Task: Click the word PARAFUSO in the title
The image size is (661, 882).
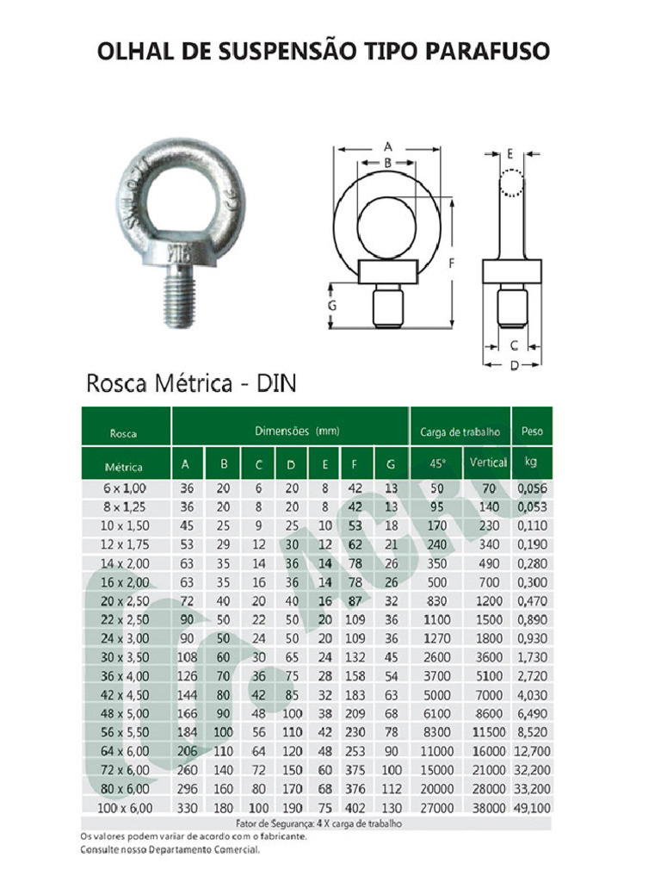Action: coord(487,51)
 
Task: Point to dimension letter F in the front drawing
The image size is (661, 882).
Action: coord(451,264)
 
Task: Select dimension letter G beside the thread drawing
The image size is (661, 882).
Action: coord(332,305)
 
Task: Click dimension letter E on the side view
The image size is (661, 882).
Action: coord(510,154)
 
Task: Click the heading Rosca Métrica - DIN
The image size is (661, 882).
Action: coord(190,383)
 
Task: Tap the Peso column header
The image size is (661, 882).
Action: coord(532,432)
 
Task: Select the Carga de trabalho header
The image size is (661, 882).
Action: coord(460,432)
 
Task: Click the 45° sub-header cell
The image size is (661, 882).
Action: coord(437,463)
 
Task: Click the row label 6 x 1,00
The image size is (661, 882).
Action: coord(125,488)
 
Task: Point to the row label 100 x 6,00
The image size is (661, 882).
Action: coord(125,807)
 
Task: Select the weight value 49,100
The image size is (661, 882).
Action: coord(534,807)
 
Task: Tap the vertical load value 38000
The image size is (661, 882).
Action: coord(489,807)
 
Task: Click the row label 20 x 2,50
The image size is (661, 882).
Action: coord(125,601)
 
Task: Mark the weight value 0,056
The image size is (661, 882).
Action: coord(534,488)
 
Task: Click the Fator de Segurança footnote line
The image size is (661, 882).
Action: coord(318,823)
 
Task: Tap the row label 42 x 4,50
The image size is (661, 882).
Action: coord(125,695)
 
